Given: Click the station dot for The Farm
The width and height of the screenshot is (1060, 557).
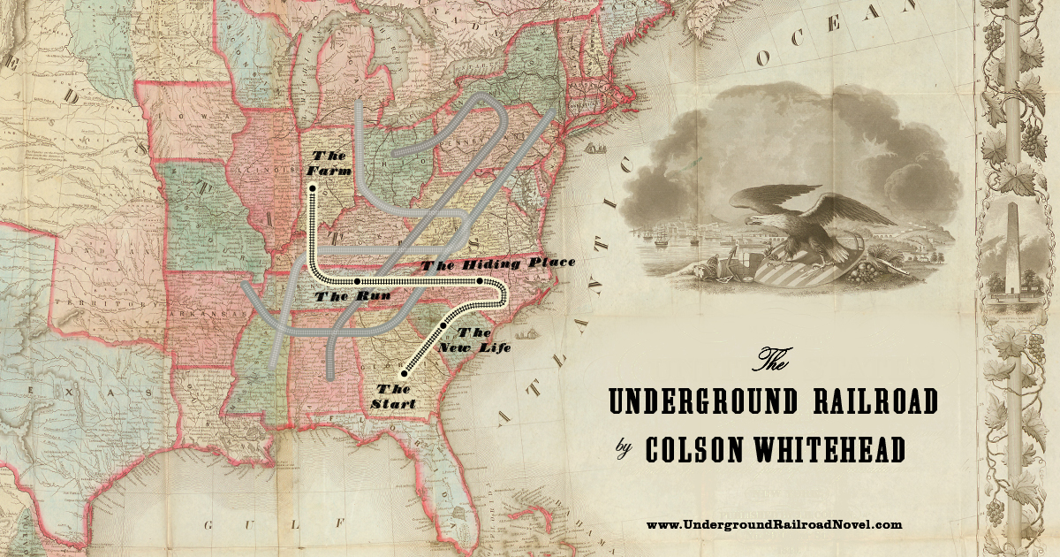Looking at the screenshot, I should click(312, 187).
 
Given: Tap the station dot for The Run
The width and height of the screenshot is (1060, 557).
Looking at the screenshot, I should click(356, 281).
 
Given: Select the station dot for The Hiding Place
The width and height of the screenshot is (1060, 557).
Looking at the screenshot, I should click(480, 281).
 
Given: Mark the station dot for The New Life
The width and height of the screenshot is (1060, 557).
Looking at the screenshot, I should click(443, 326).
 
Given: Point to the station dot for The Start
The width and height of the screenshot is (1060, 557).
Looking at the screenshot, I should click(404, 374).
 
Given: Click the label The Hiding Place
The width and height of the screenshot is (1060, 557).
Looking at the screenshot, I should click(499, 263).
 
